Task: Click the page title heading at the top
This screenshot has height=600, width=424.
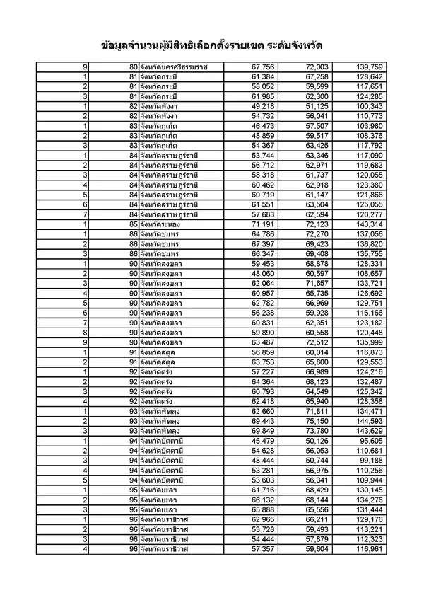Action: point(212,44)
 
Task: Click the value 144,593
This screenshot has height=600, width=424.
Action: point(367,421)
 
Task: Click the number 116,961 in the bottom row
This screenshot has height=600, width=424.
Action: point(367,549)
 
